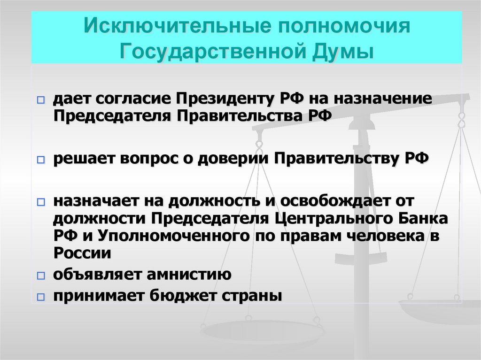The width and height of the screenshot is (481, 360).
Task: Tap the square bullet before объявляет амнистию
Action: pyautogui.click(x=41, y=275)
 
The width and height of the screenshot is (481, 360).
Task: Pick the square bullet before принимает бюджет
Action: pyautogui.click(x=41, y=297)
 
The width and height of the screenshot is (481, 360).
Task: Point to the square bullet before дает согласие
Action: pyautogui.click(x=41, y=100)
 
